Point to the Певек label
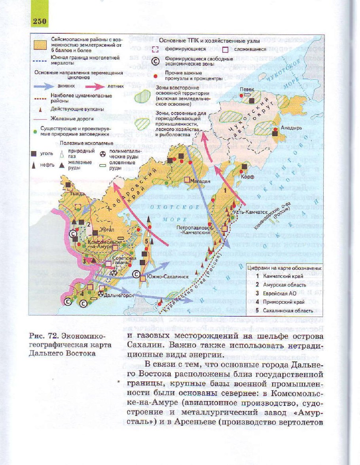247,90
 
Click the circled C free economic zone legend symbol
156,61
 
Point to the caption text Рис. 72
43,336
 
